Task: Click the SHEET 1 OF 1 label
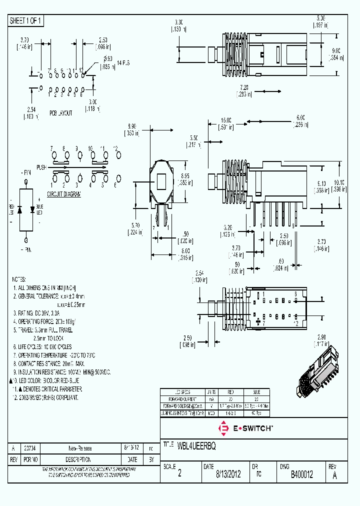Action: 26,21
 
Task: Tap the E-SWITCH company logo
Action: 245,428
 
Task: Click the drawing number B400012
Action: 301,475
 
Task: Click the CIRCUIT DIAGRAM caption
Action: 64,194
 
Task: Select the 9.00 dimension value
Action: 336,50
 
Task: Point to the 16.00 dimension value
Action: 226,120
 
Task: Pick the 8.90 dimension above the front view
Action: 132,127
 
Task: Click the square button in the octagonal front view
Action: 161,180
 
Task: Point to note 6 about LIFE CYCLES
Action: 42,346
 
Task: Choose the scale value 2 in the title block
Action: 179,475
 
